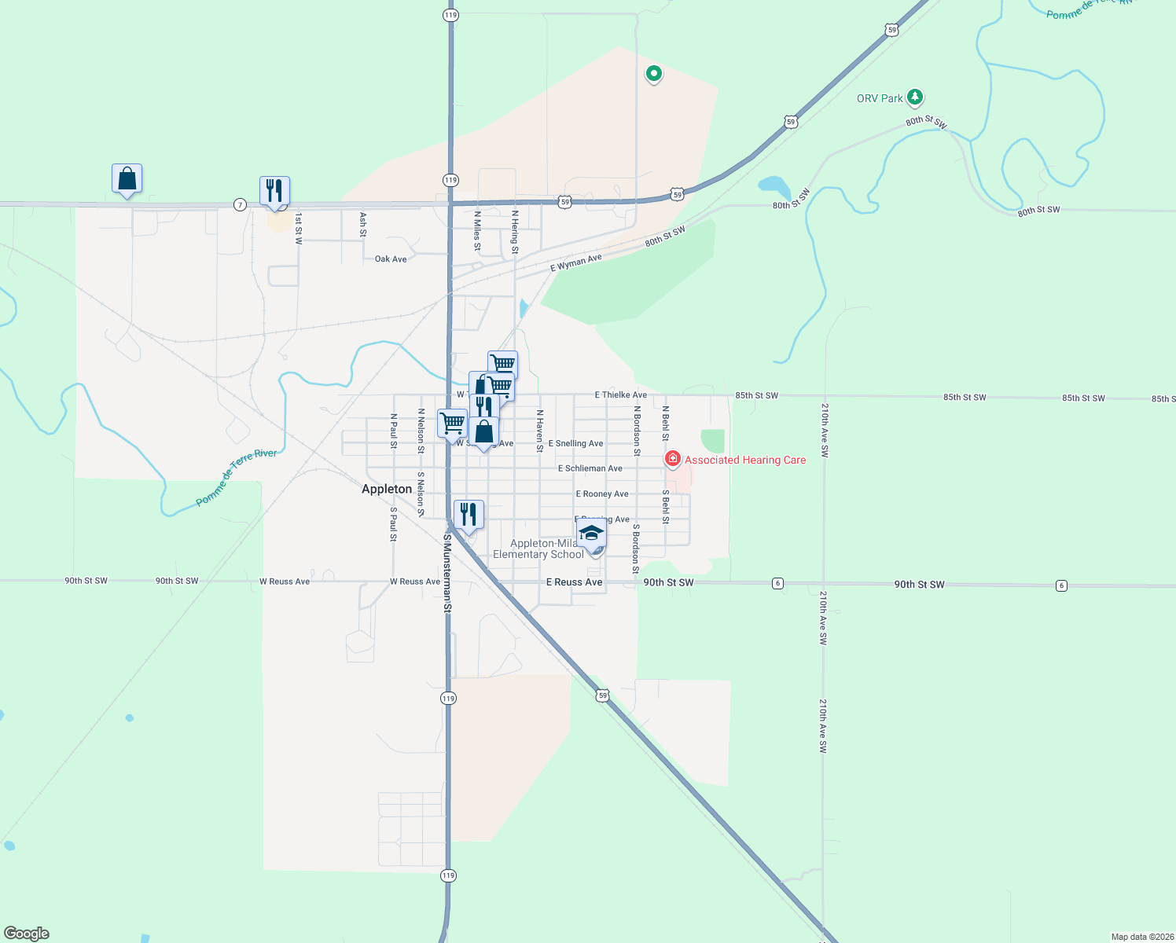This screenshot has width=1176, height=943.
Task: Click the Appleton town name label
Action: [x=387, y=489]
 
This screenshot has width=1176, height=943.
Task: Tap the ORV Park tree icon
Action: [x=914, y=97]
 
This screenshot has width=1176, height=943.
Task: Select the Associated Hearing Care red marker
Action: [x=672, y=459]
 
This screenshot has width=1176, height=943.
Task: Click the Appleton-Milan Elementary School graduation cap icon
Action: [x=591, y=533]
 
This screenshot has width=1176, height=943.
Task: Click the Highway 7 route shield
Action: [x=240, y=205]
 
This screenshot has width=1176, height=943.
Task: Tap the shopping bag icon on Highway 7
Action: [x=127, y=179]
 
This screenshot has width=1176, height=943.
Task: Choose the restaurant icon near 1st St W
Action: [x=274, y=191]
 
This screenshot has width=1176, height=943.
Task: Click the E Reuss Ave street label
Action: [x=574, y=582]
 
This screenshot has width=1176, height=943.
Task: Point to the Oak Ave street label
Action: [x=391, y=259]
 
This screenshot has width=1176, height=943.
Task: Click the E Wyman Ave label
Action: [x=575, y=262]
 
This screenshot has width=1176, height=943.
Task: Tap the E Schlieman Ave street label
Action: [x=590, y=468]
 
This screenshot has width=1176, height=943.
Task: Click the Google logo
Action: [x=27, y=934]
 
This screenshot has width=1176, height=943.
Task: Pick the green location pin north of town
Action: [x=653, y=74]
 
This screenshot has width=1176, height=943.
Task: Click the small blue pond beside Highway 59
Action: [x=774, y=187]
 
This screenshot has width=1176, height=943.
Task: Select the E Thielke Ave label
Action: [x=620, y=395]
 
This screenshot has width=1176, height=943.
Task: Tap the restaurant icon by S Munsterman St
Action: [x=469, y=515]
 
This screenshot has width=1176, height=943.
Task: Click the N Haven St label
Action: [x=540, y=431]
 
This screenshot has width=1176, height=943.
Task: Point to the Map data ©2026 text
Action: [x=1142, y=937]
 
